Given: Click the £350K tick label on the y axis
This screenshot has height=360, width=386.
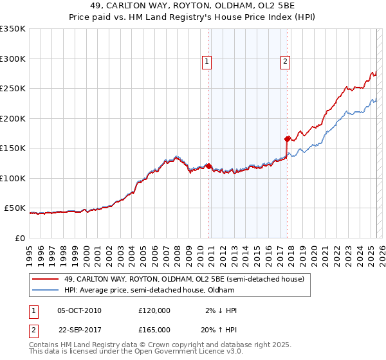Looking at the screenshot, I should [13, 29].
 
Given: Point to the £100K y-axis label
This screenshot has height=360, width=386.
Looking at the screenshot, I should [13, 178].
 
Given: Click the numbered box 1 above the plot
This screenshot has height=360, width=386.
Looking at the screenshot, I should [207, 62].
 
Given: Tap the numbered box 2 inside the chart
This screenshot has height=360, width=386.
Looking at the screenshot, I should [285, 62].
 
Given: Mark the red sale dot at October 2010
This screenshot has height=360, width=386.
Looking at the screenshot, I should [208, 166].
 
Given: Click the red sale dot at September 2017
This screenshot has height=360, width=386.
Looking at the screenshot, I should [287, 139].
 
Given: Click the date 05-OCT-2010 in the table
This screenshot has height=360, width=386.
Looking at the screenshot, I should [79, 310].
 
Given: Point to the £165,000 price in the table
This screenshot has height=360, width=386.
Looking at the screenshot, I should [154, 330].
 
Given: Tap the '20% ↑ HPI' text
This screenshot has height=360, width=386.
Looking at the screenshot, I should [217, 330].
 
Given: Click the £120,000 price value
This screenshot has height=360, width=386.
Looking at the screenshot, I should [154, 310].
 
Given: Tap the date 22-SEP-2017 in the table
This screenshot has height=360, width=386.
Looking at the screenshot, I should [79, 330].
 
